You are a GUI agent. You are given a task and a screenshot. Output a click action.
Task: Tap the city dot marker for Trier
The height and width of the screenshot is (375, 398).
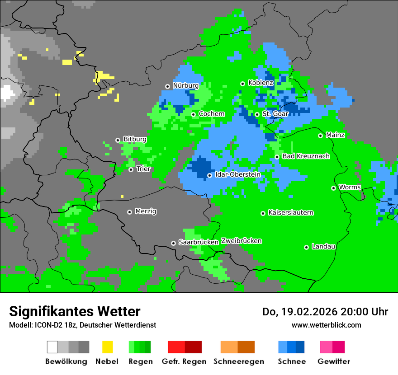131,169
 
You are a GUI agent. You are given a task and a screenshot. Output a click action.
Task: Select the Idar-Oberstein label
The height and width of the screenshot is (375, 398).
237,174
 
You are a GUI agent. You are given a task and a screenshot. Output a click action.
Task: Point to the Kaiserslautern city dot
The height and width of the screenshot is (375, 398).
263,213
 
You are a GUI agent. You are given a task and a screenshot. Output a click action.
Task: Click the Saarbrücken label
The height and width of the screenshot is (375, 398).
198,242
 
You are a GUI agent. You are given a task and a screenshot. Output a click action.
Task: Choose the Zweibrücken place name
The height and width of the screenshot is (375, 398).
241,241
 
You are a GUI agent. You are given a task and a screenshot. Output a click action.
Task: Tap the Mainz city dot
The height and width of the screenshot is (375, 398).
320,136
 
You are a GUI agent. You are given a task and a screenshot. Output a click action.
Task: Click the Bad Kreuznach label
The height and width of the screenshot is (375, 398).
306,156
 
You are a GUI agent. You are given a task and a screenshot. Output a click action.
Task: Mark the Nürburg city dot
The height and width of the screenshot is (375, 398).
167,86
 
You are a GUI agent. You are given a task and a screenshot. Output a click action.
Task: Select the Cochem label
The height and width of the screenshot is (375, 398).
211,114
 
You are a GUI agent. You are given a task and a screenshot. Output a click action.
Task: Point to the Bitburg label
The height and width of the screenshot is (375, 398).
135,139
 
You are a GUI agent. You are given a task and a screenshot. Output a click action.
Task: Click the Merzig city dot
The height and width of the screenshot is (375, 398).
129,212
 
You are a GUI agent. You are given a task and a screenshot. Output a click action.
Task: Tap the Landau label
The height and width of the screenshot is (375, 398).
323,246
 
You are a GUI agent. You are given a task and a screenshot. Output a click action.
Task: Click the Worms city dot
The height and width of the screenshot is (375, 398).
333,188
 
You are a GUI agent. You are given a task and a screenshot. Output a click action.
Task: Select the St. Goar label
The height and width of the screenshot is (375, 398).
275,114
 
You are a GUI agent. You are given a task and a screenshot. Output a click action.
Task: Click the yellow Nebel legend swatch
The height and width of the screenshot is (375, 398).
108,347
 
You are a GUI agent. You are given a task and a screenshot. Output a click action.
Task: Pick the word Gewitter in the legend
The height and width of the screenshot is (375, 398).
333,361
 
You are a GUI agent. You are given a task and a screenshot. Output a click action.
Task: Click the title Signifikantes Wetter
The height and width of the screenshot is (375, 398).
75,311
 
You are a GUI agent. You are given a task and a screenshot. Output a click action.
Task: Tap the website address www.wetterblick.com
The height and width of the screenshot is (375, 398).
326,325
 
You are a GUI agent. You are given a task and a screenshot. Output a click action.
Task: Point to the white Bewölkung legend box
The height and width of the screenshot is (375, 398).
52,347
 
